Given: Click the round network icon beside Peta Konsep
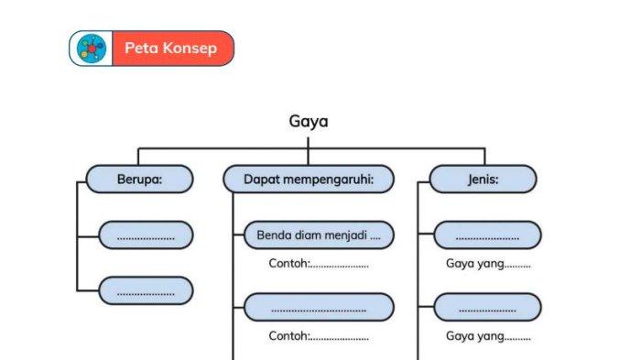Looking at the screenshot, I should (x=92, y=49).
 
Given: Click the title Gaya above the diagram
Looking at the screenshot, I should (x=309, y=122).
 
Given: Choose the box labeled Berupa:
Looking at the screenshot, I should (x=139, y=180).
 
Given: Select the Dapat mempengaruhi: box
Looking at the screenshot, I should (x=308, y=180).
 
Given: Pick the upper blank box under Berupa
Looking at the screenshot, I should (x=146, y=235).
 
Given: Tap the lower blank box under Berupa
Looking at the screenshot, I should (x=146, y=290).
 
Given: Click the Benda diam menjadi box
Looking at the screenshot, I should (x=319, y=235).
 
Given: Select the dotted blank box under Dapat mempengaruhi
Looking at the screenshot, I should (x=319, y=307).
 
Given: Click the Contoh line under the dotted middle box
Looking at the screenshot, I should (x=318, y=336).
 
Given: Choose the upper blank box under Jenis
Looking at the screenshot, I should (x=486, y=235).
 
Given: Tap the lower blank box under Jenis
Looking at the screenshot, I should (x=486, y=307).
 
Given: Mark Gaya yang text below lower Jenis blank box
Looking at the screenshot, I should (x=487, y=336).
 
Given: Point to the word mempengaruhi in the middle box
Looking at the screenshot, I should (x=328, y=180).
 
